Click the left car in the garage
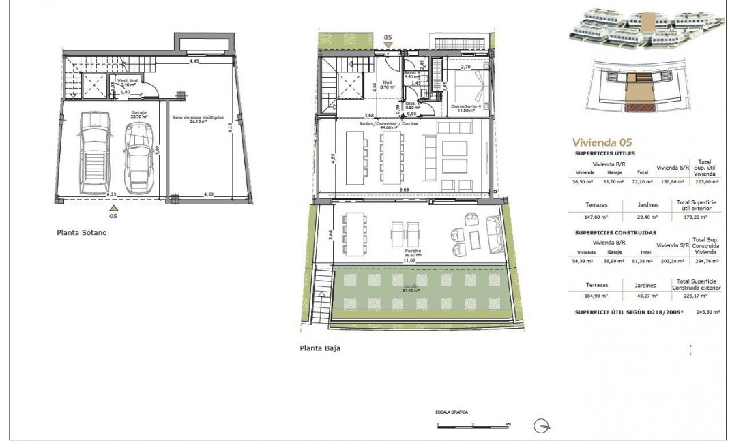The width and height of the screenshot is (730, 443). click(93, 152)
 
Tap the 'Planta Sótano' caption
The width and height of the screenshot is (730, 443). click(81, 232)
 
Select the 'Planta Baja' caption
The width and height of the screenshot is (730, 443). click(320, 348)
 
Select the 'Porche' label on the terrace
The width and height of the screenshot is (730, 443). click(411, 251)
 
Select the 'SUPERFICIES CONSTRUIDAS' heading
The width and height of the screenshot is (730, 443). click(615, 232)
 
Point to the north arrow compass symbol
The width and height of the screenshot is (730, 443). click(544, 425)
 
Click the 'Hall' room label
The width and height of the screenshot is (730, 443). click(385, 83)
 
